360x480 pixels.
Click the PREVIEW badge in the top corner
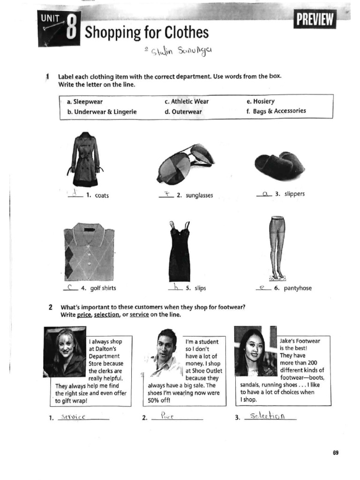point(315,20)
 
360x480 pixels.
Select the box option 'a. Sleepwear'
point(85,102)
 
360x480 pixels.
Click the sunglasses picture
point(185,163)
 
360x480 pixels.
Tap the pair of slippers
point(279,165)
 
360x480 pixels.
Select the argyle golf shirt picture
point(89,251)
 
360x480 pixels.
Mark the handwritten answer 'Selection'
point(267,416)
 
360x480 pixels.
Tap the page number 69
point(336,453)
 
